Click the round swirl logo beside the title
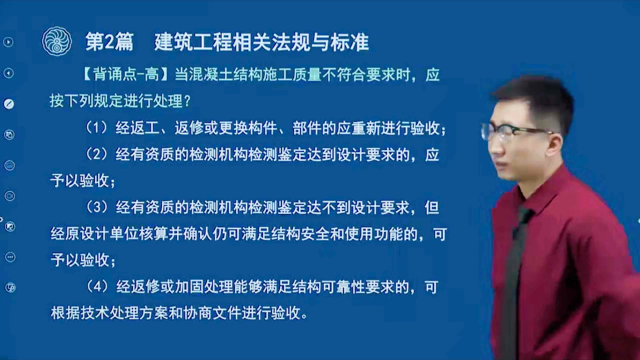tap(56, 41)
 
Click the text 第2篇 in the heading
tap(110, 42)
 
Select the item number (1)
tap(97, 128)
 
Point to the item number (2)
tap(97, 154)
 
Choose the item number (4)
tap(97, 286)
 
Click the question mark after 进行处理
tap(187, 101)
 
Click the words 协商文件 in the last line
tap(212, 313)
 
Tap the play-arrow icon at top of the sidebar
tap(8, 42)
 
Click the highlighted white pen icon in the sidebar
tap(9, 104)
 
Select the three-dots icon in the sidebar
tap(10, 257)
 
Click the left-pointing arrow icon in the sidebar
tap(8, 73)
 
